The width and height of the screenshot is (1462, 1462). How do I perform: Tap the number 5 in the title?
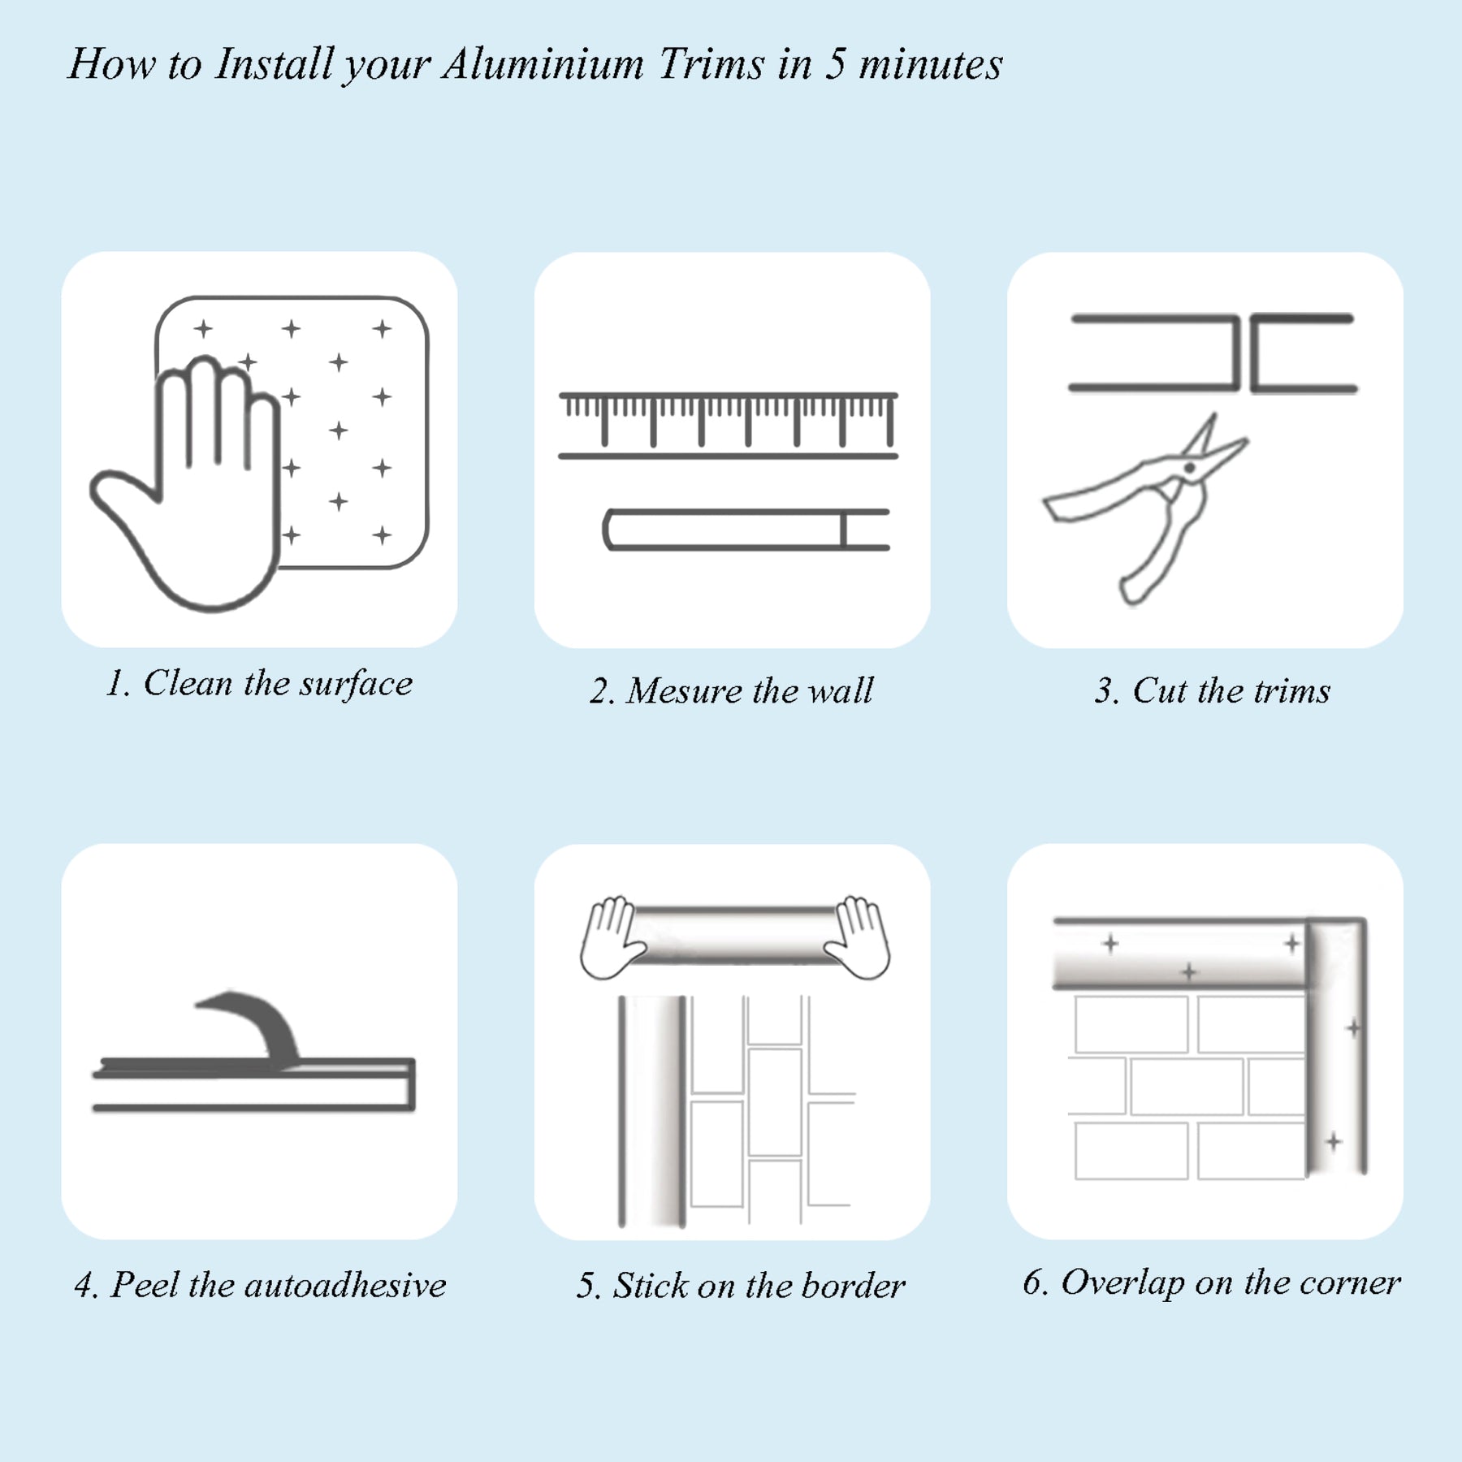click(836, 64)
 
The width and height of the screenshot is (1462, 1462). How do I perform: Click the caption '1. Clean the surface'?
click(259, 684)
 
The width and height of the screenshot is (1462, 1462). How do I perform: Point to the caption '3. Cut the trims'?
click(1212, 691)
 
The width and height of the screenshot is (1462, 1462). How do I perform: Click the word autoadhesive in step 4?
click(344, 1285)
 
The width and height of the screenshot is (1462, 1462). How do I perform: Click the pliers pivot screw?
click(1189, 469)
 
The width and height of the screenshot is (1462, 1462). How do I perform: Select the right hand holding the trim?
click(858, 938)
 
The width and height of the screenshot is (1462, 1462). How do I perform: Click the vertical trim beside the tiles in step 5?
click(652, 1111)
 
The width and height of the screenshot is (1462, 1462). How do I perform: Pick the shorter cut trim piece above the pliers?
click(1303, 353)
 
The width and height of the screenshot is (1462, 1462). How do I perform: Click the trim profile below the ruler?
click(746, 530)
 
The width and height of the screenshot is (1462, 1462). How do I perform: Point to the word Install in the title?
click(275, 64)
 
